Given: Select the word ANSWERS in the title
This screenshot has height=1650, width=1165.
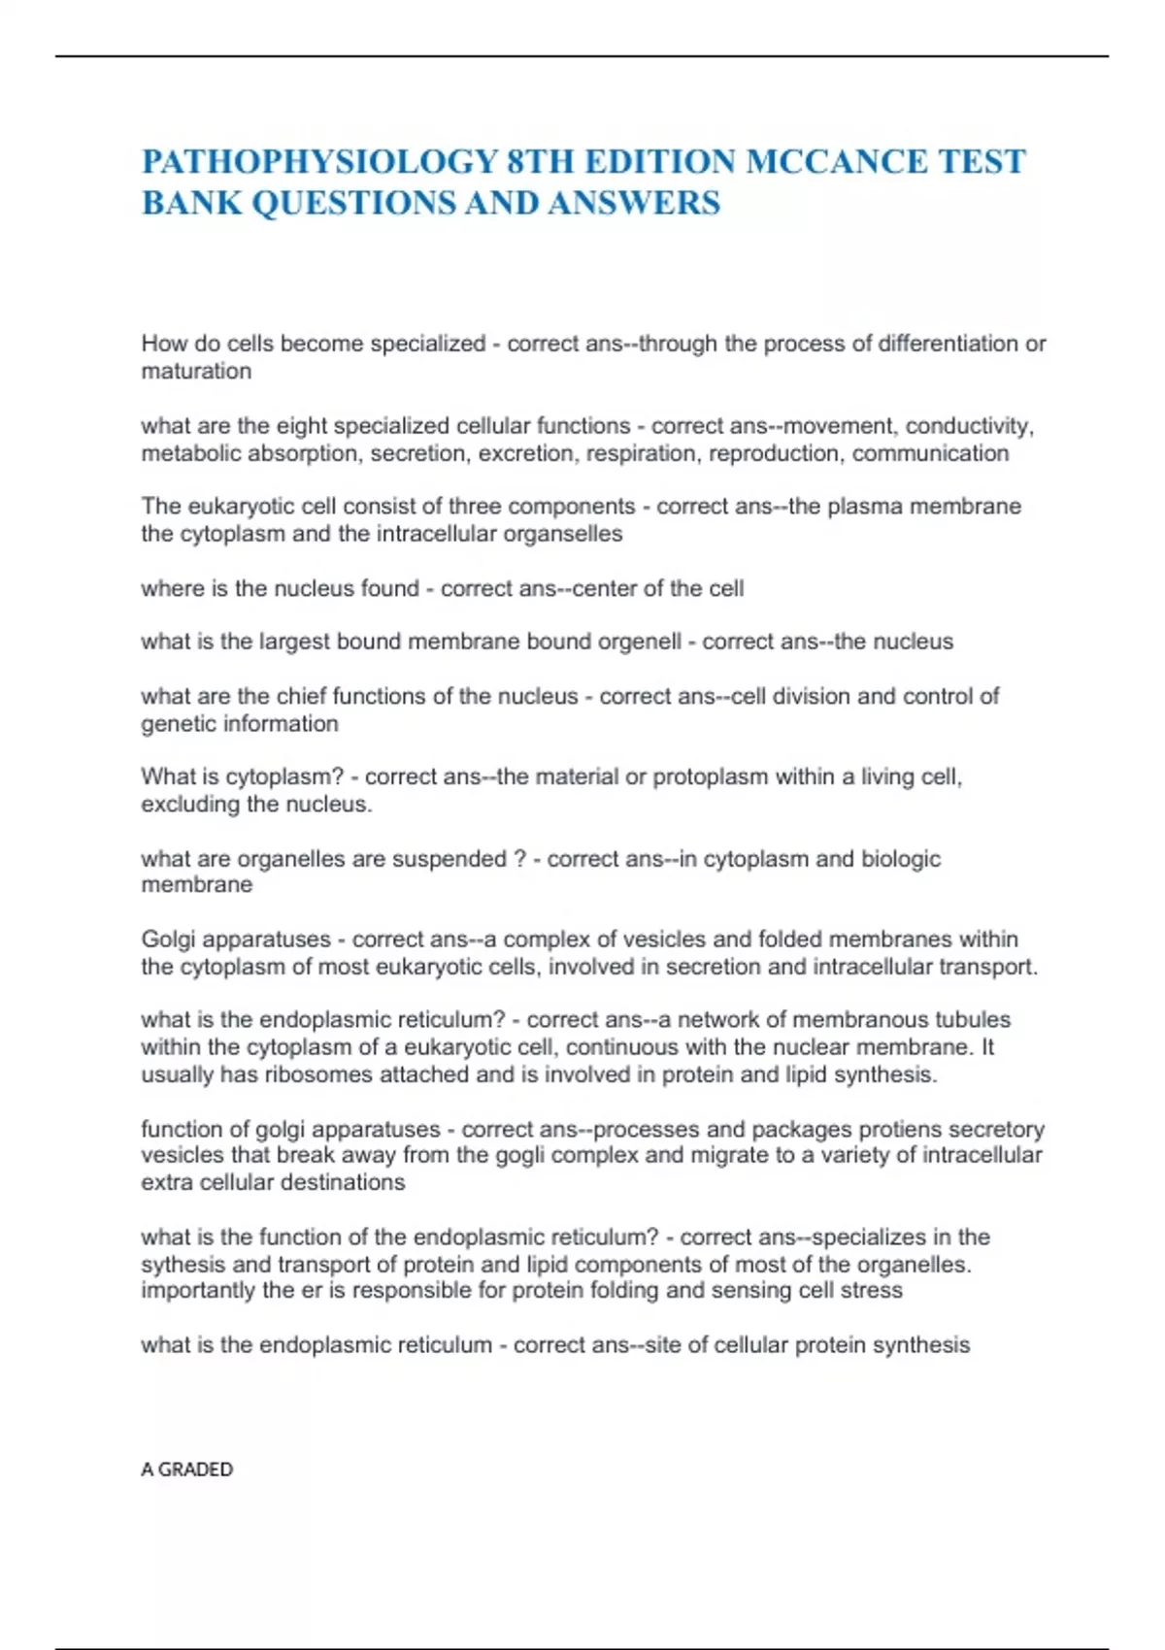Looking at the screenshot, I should (634, 203).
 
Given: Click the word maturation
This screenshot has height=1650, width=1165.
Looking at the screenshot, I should (196, 371).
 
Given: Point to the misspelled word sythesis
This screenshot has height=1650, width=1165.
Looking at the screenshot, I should (183, 1265).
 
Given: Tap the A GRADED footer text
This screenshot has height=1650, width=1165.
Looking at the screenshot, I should (186, 1469).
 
